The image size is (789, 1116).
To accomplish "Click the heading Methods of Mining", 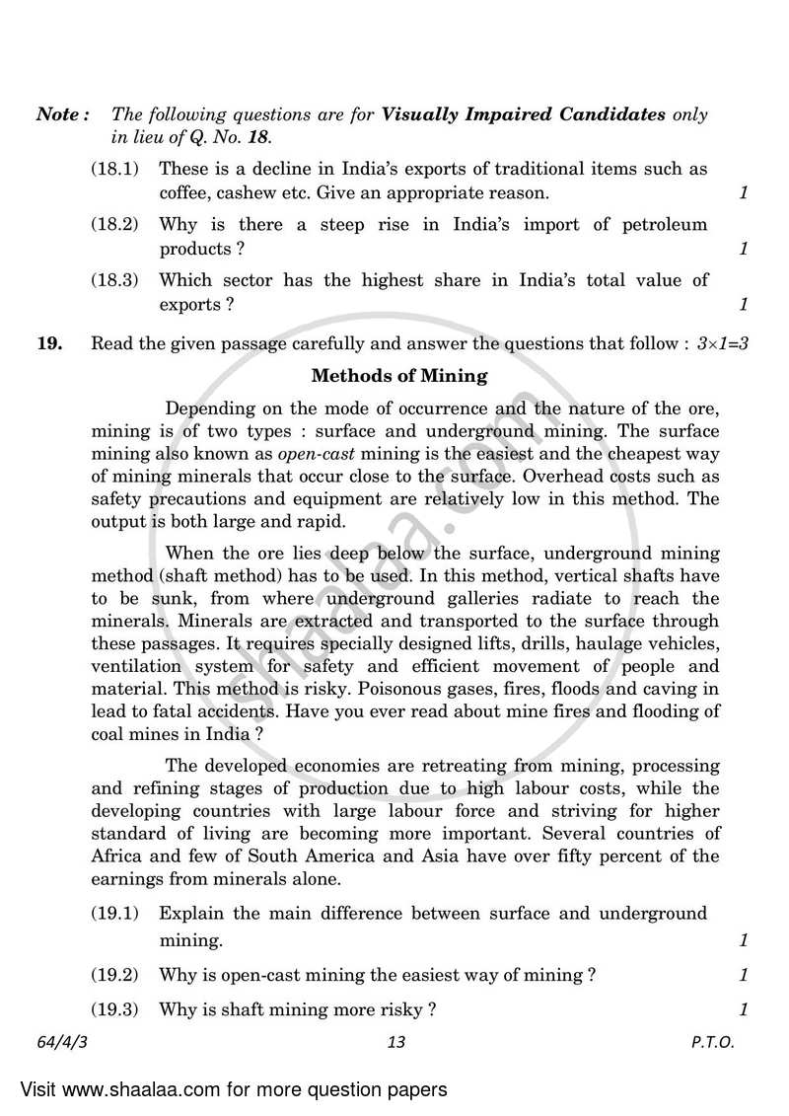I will pos(398,375).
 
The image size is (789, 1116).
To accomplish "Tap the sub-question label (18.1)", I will pos(115,170).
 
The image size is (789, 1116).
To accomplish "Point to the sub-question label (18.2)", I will pos(115,224).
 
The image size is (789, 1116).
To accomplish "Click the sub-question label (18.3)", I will pos(115,280).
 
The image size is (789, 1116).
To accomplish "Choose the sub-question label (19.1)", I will pos(115,913).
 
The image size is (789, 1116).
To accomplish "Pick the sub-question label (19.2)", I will pos(115,975).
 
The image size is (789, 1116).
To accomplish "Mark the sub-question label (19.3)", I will pos(115,1009).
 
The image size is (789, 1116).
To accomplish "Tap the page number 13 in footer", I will pos(396,1042).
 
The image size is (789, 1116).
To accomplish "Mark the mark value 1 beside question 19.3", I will pos(744,1009).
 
